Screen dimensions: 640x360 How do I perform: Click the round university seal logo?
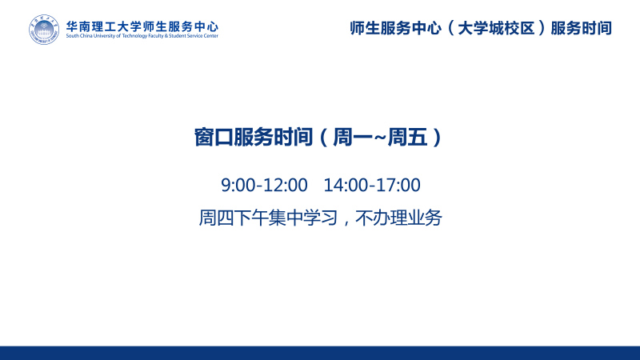coord(44,30)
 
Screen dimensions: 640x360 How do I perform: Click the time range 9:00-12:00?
coord(264,185)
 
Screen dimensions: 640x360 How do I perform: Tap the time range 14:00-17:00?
coord(372,185)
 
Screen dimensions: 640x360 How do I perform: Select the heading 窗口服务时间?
coord(254,137)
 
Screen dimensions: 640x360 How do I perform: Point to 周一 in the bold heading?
coord(353,137)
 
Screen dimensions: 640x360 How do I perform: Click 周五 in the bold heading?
coord(407,137)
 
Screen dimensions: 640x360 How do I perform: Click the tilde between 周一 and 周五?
coord(380,138)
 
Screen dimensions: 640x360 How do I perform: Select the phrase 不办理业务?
coord(398,218)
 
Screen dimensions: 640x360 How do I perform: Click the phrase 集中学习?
coord(303,218)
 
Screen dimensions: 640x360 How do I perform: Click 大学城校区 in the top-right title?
coord(496,28)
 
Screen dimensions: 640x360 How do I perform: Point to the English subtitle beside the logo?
coord(142,36)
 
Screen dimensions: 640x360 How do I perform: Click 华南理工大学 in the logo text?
coord(104,27)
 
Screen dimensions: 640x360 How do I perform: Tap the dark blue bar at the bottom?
coord(320,353)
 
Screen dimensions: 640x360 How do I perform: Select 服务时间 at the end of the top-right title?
coord(582,28)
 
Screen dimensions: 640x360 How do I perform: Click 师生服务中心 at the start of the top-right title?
coord(395,28)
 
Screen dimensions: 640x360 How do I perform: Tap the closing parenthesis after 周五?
coord(437,138)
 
